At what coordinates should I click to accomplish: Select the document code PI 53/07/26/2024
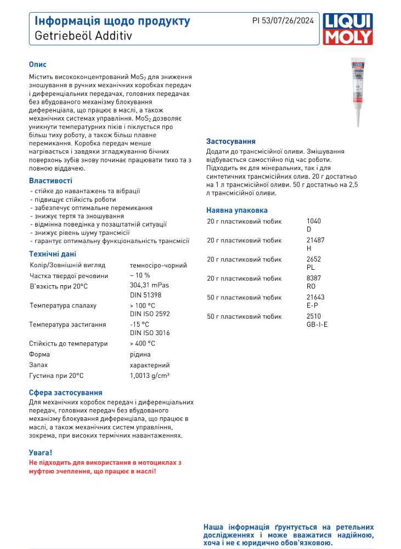coord(283,21)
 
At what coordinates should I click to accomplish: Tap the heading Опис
coord(38,64)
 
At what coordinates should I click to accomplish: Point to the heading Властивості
coord(50,180)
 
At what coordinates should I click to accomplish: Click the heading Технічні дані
coord(53,254)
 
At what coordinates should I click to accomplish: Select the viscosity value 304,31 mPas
coord(149,285)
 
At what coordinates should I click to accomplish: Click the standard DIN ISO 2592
coord(150,314)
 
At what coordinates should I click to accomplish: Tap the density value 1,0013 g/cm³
coord(149,375)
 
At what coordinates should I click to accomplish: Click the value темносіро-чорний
coord(158,265)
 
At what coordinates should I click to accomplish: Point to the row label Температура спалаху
coord(63,305)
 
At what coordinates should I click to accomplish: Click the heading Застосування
coord(230,141)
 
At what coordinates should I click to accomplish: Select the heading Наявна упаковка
coord(236,210)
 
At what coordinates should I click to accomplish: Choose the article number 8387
coord(313,278)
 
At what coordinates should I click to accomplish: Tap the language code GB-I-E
coord(317,324)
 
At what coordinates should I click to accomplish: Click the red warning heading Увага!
coord(41,452)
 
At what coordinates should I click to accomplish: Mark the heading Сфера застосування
coord(65,393)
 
